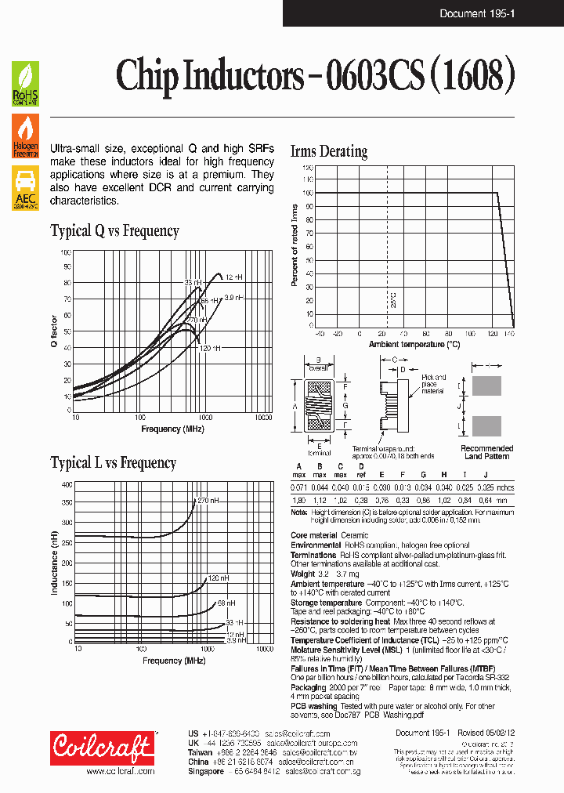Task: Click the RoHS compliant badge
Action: point(24,84)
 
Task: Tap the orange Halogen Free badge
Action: point(24,136)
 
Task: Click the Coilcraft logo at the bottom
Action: point(102,748)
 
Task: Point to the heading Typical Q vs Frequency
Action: point(114,231)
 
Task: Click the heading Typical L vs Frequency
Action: point(114,463)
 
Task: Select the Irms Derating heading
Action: point(328,152)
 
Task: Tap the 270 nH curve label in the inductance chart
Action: point(208,500)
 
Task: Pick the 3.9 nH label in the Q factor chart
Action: point(234,298)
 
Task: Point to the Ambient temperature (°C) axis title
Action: point(414,344)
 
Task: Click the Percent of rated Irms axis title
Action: point(295,244)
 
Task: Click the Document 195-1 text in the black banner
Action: point(476,13)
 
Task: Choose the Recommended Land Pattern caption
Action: point(486,452)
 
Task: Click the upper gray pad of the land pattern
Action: point(486,386)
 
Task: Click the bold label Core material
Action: point(314,536)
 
